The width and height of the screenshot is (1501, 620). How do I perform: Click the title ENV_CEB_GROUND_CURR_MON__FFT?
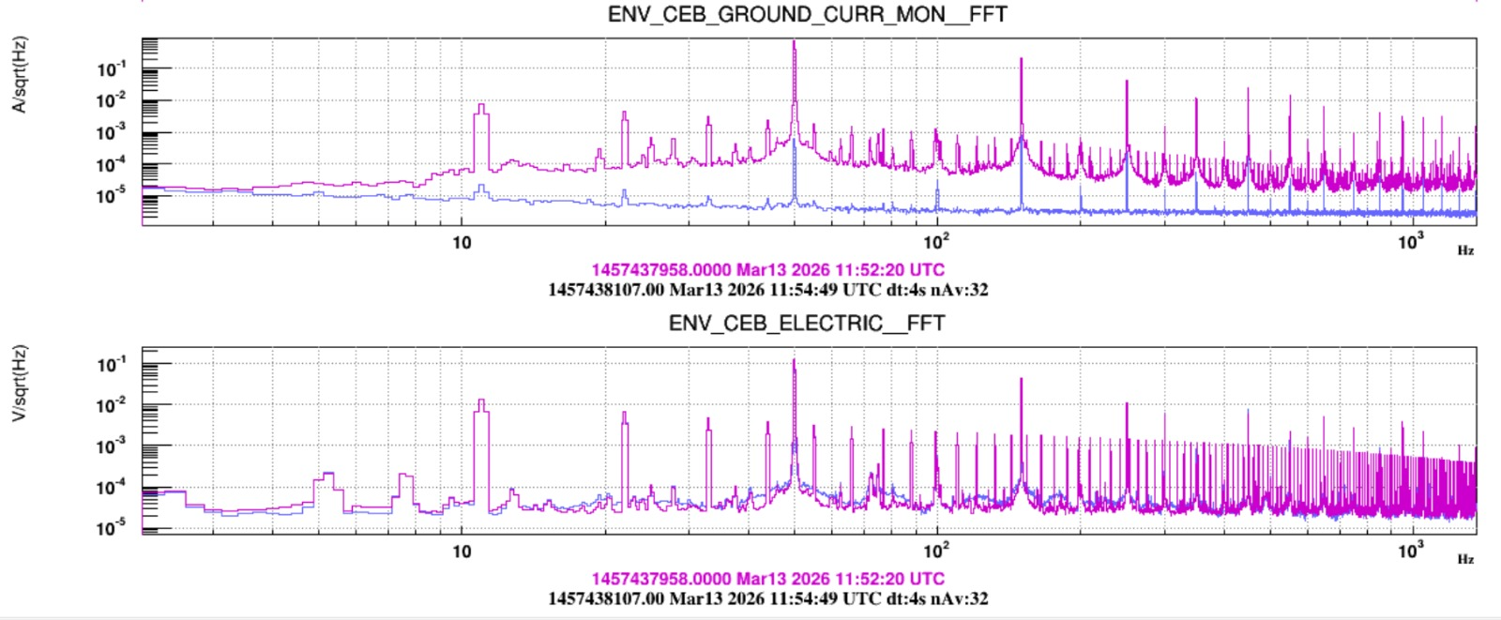point(807,14)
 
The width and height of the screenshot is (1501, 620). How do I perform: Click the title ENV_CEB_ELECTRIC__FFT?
point(807,324)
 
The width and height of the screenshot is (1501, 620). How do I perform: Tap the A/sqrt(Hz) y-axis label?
point(19,74)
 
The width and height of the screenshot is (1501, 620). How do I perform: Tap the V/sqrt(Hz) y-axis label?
point(19,383)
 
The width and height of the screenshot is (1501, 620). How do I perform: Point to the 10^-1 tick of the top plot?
point(111,68)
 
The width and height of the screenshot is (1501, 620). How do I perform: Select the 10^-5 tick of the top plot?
point(111,195)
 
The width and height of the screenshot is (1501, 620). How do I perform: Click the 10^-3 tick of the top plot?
point(111,132)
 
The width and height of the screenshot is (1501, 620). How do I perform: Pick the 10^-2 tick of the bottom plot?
point(111,405)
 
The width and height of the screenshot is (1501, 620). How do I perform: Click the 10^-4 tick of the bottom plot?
point(111,487)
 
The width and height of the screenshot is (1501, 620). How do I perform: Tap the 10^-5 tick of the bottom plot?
point(111,528)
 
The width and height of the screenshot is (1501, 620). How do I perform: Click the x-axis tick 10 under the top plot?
point(462,243)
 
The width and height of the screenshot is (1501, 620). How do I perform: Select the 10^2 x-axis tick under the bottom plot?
point(936,551)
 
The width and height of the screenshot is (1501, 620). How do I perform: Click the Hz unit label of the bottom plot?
point(1465,559)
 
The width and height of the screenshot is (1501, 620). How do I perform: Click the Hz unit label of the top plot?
point(1465,250)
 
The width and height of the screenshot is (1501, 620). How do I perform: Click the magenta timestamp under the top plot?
point(767,270)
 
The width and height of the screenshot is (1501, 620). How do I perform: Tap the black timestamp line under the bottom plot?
point(767,598)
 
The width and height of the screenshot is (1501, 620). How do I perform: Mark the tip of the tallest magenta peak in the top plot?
point(795,41)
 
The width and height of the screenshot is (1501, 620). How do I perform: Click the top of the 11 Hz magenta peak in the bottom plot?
point(481,401)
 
